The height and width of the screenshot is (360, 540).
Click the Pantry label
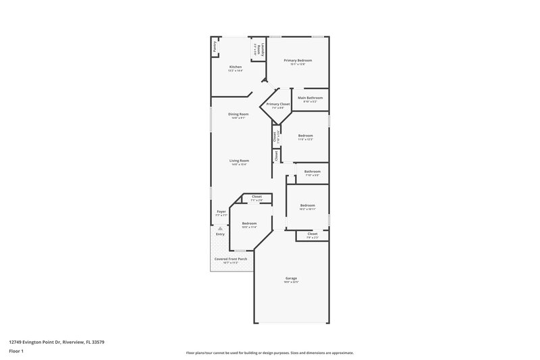pos(215,47)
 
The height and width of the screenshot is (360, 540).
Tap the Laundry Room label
pos(254,49)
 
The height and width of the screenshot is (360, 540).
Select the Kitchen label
pos(236,67)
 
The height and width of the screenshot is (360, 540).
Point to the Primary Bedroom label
pos(298,60)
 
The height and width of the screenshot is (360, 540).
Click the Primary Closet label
pos(278,104)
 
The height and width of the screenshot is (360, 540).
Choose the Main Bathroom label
pos(310,97)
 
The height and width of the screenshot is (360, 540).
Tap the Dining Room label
pos(238,114)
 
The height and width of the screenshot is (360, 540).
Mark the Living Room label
pos(240,161)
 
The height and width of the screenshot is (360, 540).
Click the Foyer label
pos(221,211)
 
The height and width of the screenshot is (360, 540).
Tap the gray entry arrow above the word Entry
pos(219,229)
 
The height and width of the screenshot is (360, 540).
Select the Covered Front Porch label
pos(231,259)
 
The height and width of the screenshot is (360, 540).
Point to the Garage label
pos(291,278)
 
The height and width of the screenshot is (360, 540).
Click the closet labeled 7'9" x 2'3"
pos(312,234)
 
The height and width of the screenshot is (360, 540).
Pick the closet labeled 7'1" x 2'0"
pos(256,197)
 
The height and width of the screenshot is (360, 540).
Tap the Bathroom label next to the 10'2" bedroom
pos(312,172)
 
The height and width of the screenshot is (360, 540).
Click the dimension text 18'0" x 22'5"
pos(291,282)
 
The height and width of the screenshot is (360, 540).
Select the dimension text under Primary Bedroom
pos(298,64)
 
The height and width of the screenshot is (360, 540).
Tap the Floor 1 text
pos(17,352)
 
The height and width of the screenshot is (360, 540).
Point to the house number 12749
pos(16,342)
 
